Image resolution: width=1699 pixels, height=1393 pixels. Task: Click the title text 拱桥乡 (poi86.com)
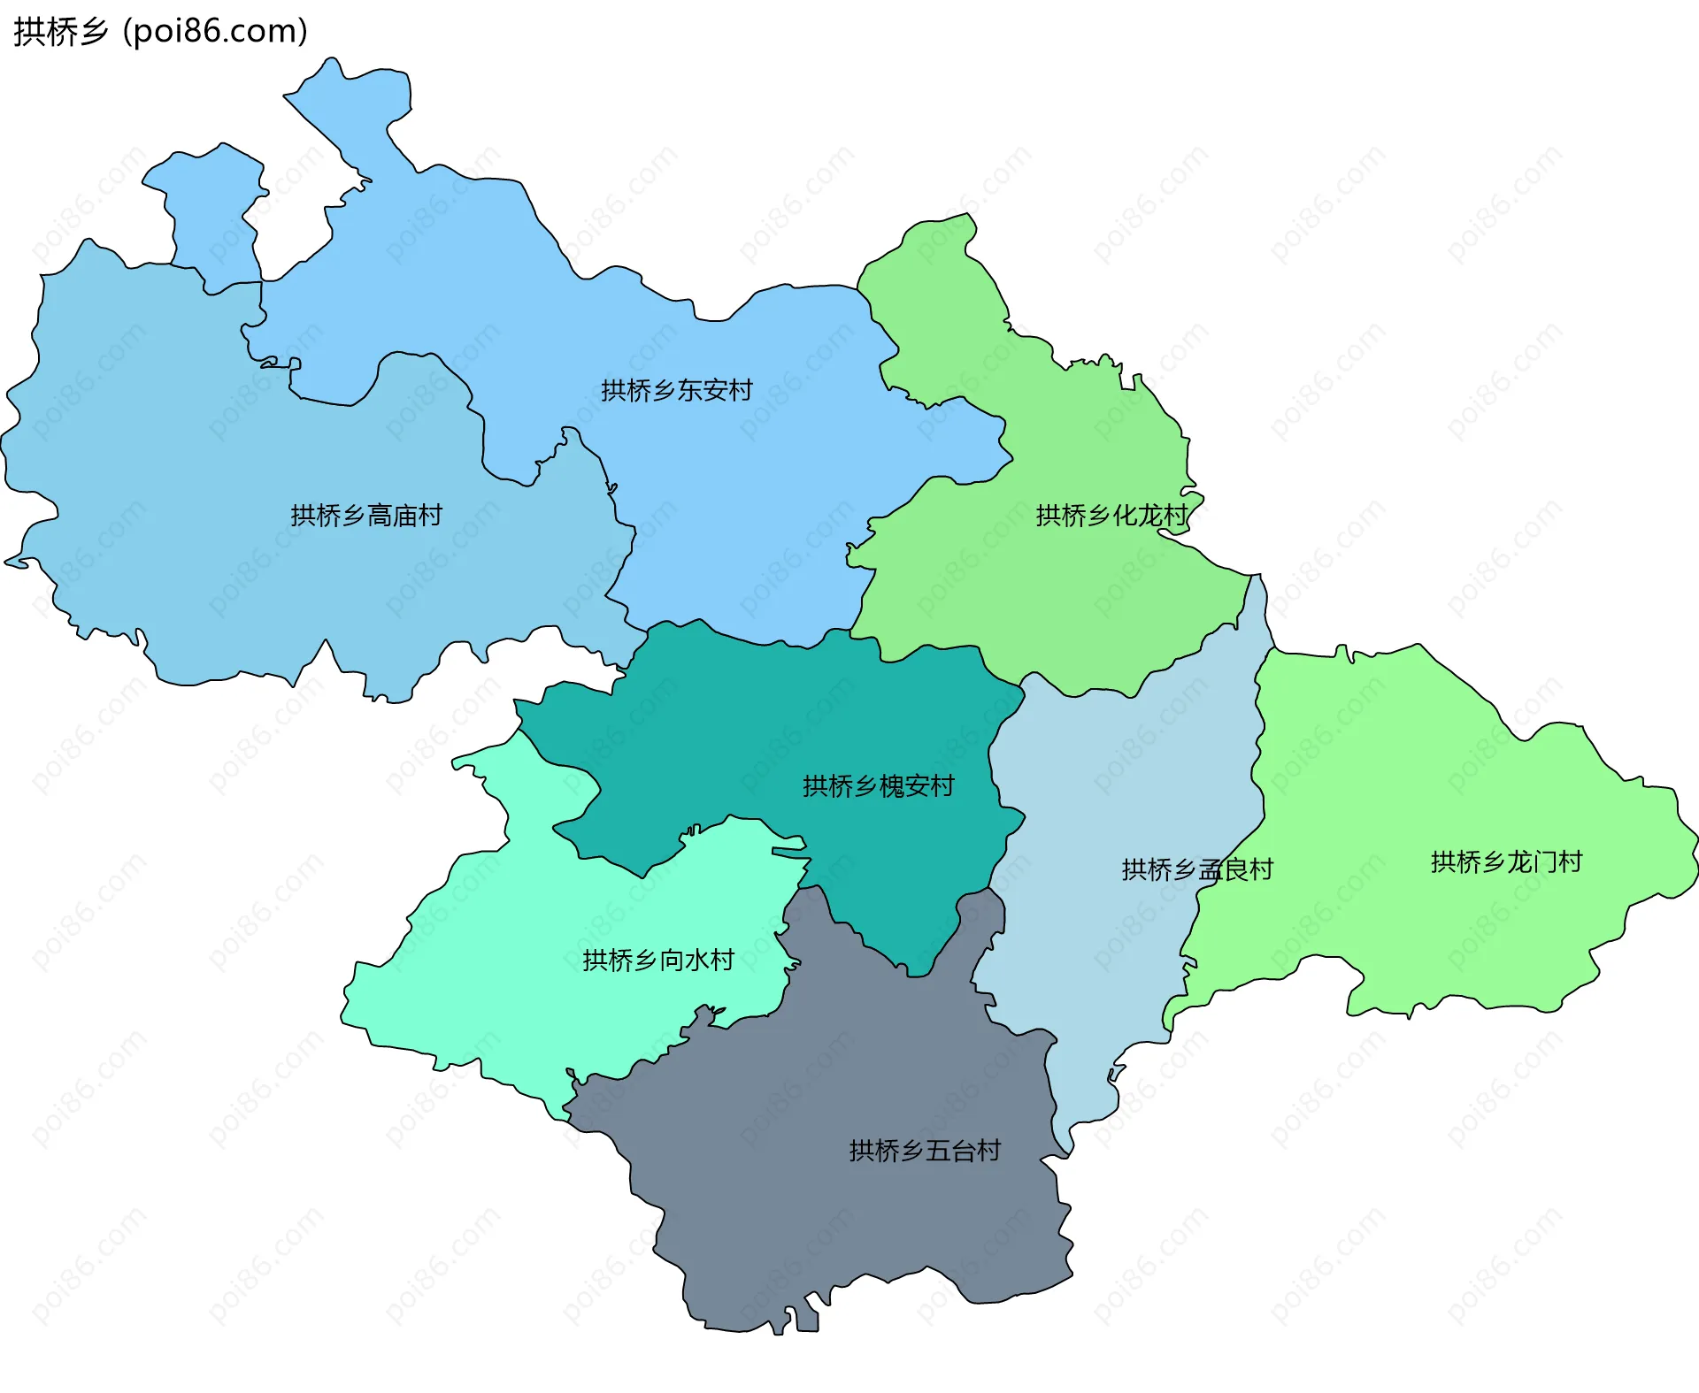tap(160, 31)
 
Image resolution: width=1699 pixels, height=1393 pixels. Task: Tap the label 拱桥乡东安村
tap(676, 390)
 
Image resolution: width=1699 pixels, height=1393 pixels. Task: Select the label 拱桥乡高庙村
tap(365, 515)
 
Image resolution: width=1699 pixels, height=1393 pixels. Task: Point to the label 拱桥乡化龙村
tap(1111, 515)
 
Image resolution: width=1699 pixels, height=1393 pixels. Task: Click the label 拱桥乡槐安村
tap(878, 785)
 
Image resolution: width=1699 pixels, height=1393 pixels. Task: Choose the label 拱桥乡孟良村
tap(1196, 869)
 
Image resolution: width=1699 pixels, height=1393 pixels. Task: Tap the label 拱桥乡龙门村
tap(1505, 861)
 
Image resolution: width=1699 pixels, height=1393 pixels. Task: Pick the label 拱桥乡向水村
tap(657, 960)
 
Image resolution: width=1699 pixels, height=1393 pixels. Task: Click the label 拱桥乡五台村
tap(924, 1150)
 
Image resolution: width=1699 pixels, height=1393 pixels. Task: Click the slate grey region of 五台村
tap(841, 1221)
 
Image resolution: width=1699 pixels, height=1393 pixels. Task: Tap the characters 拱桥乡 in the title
tap(60, 31)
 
